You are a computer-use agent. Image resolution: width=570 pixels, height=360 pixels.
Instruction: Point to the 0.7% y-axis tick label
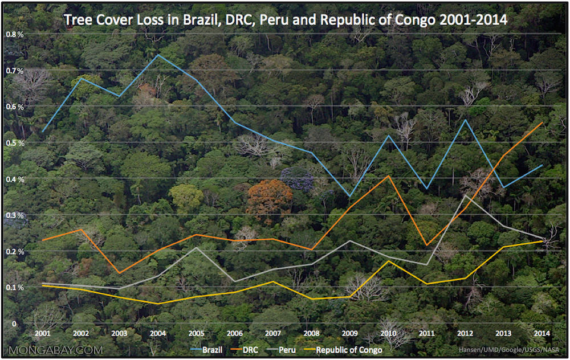click(x=15, y=71)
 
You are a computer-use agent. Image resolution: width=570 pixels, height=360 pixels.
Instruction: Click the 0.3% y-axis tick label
click(x=15, y=215)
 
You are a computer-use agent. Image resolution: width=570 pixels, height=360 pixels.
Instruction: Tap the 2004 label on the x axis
click(x=157, y=333)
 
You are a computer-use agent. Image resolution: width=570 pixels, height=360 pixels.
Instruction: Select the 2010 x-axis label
click(x=388, y=333)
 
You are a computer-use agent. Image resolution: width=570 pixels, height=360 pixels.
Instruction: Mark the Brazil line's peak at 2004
click(x=158, y=55)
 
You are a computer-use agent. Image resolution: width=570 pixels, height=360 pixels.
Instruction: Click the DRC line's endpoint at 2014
click(x=542, y=122)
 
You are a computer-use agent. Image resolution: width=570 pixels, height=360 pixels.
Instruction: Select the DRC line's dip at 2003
click(x=119, y=273)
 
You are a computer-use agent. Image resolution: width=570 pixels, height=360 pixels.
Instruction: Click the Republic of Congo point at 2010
click(x=388, y=261)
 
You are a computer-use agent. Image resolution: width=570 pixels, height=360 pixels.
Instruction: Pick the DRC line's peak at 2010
click(x=388, y=176)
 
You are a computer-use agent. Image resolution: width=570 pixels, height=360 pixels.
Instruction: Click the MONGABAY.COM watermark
click(x=56, y=349)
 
